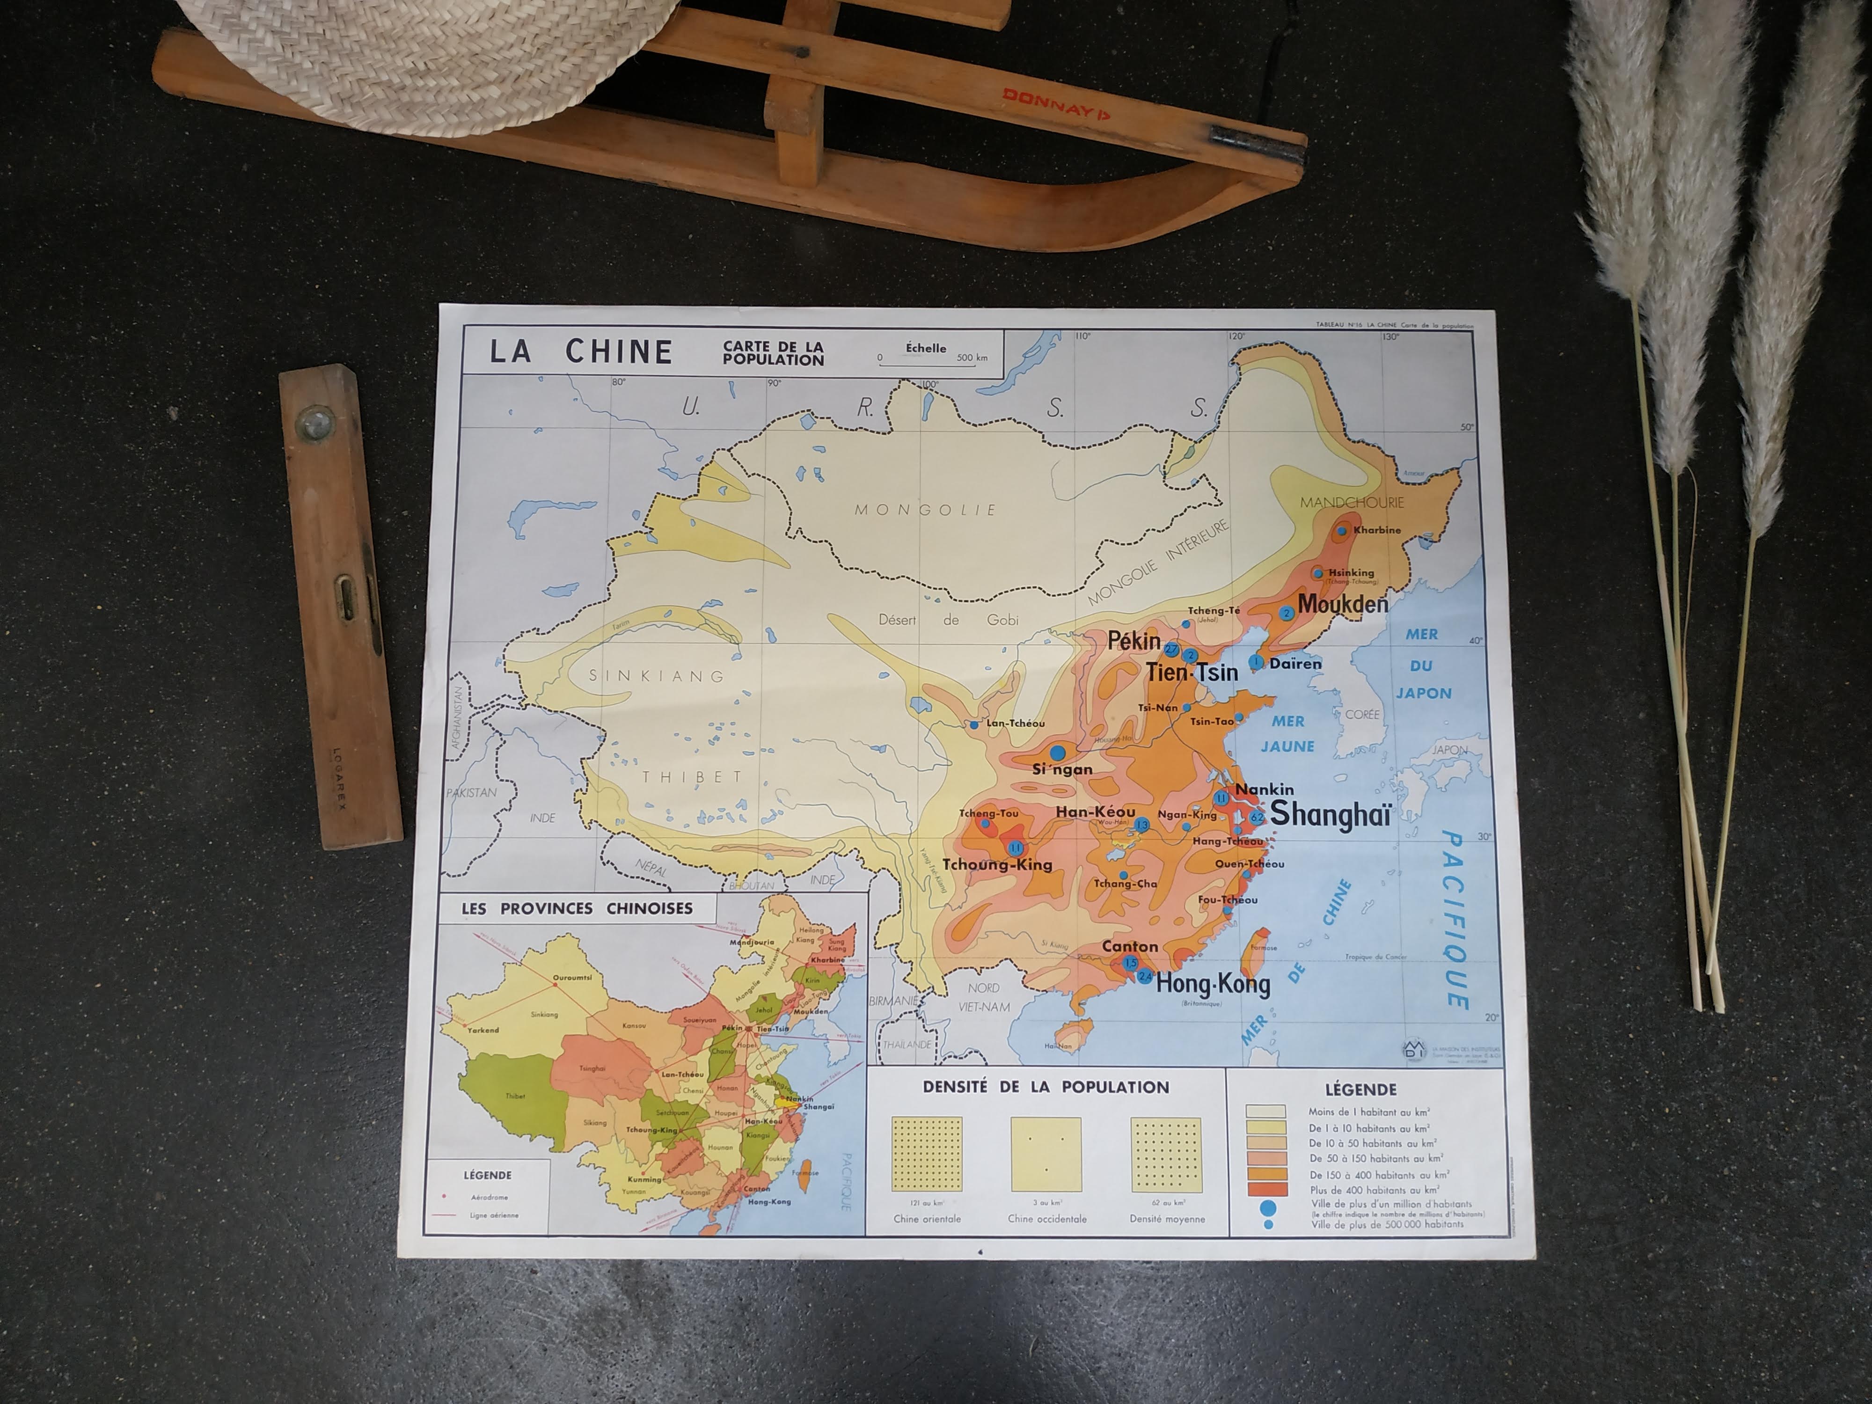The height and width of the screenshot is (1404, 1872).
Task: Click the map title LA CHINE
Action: [x=581, y=351]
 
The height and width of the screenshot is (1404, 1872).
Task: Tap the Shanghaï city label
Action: [x=1331, y=814]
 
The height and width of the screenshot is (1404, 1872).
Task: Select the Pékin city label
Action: [x=1134, y=641]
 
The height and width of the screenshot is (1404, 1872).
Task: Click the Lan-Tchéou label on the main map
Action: [x=1015, y=724]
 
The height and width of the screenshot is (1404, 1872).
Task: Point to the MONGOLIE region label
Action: [x=925, y=510]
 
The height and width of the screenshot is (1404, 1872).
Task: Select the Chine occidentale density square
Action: [x=1046, y=1155]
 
